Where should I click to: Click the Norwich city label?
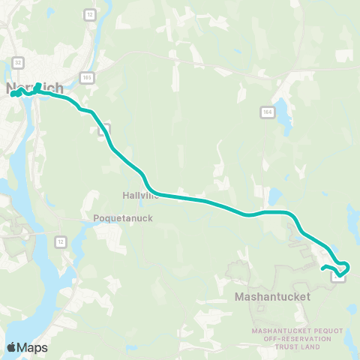(x=34, y=89)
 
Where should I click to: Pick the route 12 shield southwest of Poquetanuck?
(x=58, y=241)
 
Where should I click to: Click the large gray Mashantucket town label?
(x=272, y=297)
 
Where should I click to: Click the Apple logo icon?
(x=12, y=347)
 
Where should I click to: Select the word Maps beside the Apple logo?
(x=33, y=348)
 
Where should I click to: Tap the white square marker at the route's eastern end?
(x=339, y=278)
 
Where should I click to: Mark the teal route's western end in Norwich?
(x=13, y=94)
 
